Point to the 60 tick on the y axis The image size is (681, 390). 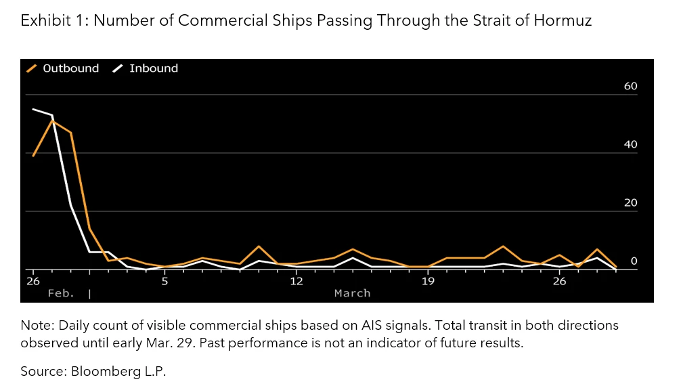(x=630, y=86)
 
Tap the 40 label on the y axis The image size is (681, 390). (x=630, y=145)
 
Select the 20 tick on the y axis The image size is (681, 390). (x=630, y=203)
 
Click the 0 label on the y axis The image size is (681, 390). (x=634, y=261)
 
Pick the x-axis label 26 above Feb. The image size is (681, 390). (x=33, y=281)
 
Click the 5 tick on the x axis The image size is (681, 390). (x=164, y=281)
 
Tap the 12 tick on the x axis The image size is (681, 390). (x=296, y=281)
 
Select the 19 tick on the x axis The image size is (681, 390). (x=427, y=281)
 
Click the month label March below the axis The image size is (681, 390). (x=352, y=293)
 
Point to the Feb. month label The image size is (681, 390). (x=61, y=293)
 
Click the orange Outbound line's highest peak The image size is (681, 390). (x=52, y=121)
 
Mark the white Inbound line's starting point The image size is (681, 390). (x=33, y=109)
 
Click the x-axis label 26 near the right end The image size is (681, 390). (x=558, y=281)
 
